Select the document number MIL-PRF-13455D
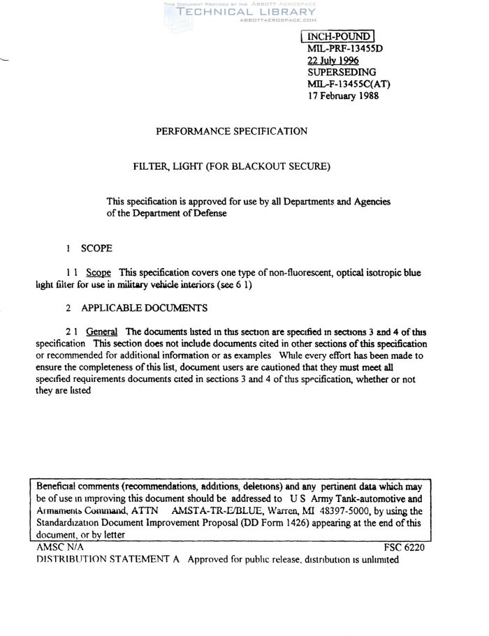346,49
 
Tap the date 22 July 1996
333,61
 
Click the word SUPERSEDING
342,73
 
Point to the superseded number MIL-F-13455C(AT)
349,84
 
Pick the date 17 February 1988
343,96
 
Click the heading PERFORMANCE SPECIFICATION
231,131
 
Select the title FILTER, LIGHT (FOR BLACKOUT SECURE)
231,166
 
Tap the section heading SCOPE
96,248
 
